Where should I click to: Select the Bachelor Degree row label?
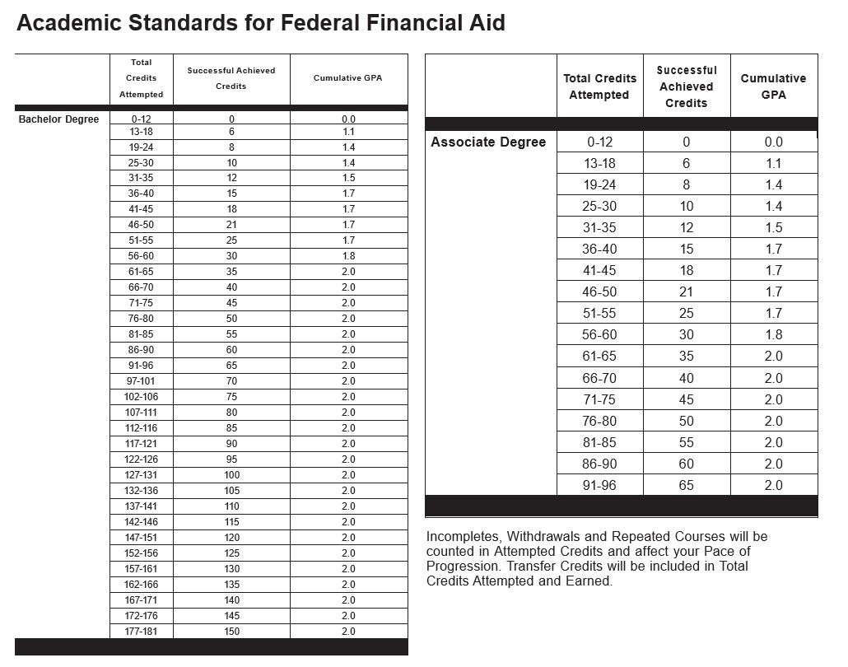click(x=58, y=119)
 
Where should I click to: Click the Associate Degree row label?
click(x=488, y=142)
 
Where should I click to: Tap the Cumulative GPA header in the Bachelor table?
click(x=348, y=78)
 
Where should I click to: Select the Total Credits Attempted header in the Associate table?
click(x=599, y=86)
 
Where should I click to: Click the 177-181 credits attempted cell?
click(x=142, y=632)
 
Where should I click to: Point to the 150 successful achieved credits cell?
click(x=231, y=632)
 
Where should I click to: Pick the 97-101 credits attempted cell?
click(x=142, y=381)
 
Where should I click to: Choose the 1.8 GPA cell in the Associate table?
click(x=773, y=335)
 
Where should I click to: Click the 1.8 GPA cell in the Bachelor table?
click(x=348, y=256)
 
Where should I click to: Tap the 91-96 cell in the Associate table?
click(x=599, y=485)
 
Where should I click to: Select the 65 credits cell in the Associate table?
click(x=686, y=485)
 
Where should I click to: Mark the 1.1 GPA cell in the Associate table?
click(x=773, y=163)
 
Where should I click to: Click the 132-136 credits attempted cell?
click(x=142, y=491)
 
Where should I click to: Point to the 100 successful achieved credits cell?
click(x=231, y=475)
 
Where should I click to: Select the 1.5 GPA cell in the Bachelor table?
click(x=348, y=178)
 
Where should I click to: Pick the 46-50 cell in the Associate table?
click(x=599, y=292)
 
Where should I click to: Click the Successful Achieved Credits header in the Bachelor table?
click(x=231, y=78)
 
